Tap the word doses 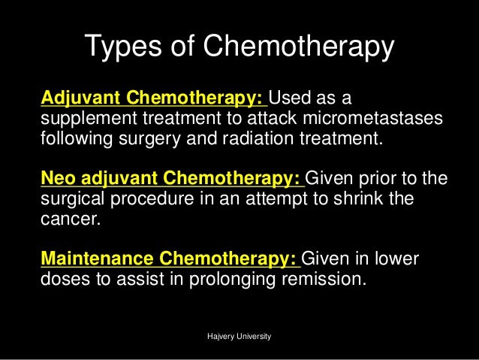[x=60, y=280]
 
